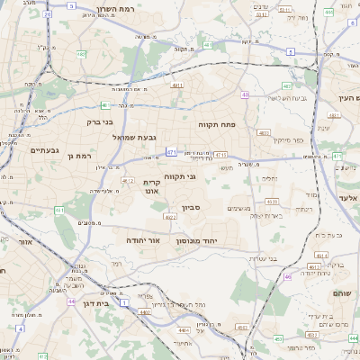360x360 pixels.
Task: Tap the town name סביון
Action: point(190,208)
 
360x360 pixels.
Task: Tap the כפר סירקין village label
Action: point(274,140)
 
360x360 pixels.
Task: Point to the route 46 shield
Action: point(288,277)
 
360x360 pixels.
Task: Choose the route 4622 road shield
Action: point(170,217)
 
